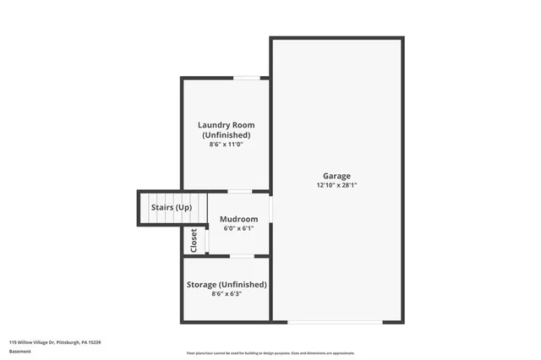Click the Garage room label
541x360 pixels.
336,176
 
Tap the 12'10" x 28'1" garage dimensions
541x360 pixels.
336,185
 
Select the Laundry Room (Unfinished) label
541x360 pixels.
226,130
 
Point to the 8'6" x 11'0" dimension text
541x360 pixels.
226,145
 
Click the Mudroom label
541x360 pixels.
238,219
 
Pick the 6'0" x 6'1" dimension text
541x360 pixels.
238,228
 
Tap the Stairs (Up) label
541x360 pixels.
171,207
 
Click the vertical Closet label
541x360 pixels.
194,241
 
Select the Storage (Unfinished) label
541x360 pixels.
227,285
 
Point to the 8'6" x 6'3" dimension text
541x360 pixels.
227,295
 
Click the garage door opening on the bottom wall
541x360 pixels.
335,322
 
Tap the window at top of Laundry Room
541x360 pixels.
247,78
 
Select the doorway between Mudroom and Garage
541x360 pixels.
270,208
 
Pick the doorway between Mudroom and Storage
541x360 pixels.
242,255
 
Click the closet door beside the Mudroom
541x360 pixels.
206,239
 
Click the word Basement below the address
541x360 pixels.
19,351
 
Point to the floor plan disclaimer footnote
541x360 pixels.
270,353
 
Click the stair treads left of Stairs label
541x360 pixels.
144,208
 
